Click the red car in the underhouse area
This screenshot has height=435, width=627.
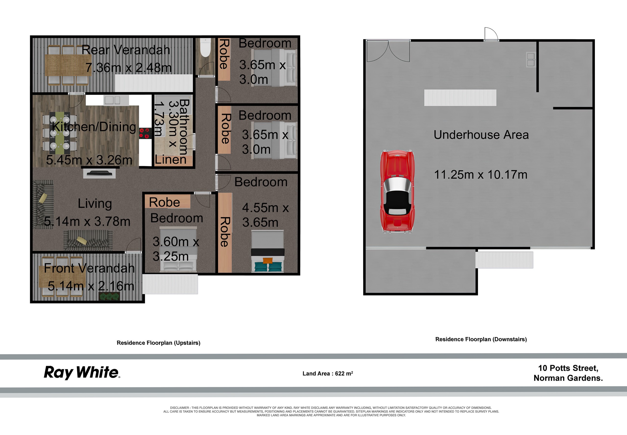click(398, 191)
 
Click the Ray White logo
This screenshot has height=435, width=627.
click(82, 373)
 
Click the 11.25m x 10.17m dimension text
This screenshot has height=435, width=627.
click(481, 175)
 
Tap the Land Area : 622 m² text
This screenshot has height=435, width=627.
click(328, 373)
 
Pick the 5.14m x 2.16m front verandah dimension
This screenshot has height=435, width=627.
click(91, 286)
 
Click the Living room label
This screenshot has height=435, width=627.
click(95, 204)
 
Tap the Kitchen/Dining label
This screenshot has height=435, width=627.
click(94, 127)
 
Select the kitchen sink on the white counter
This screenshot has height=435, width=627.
click(112, 100)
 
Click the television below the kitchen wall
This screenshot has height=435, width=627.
click(99, 173)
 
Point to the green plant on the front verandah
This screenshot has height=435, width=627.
click(109, 296)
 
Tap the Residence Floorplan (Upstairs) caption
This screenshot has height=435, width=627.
click(158, 343)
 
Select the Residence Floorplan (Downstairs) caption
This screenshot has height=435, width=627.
click(481, 339)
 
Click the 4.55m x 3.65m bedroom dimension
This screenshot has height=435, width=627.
click(265, 215)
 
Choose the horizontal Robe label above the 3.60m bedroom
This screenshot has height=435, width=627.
click(165, 202)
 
